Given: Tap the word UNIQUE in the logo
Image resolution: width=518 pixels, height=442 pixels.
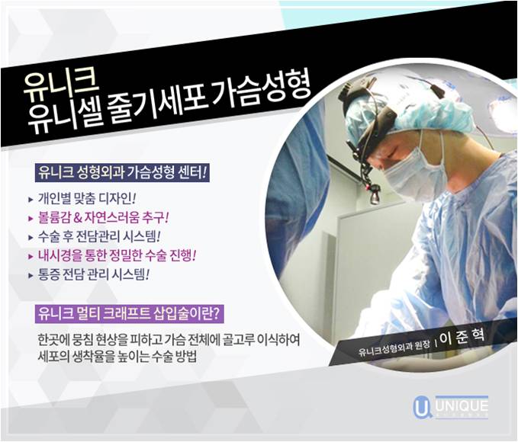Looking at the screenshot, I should (x=461, y=402).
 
